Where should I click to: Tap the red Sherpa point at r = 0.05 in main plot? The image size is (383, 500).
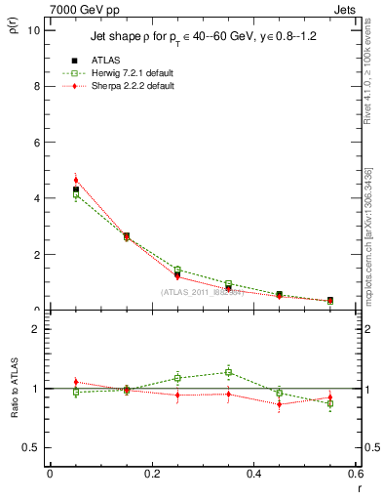tap(75, 180)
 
